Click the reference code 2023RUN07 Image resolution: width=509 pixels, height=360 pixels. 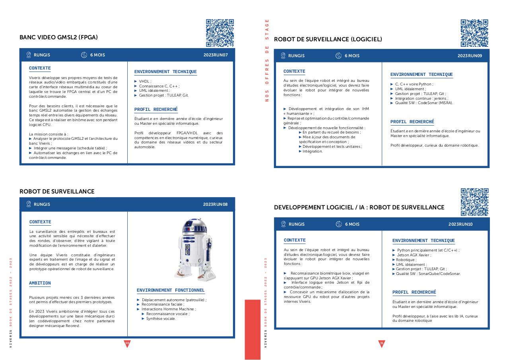216,55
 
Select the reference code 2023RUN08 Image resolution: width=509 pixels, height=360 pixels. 215,204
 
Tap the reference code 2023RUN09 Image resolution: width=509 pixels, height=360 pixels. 470,56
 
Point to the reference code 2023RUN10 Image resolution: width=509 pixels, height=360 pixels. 460,224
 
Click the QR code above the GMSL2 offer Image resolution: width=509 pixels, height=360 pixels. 220,33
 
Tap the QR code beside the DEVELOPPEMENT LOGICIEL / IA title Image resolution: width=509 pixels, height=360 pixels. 474,202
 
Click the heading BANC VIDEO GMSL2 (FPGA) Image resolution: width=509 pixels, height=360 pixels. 58,37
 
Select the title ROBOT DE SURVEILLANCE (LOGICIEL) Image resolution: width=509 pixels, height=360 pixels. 328,39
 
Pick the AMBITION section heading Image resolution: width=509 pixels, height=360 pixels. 40,283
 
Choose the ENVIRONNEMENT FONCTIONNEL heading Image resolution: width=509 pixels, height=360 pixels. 171,290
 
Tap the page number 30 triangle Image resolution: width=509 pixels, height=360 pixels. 127,343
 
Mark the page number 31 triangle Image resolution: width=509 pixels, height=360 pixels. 382,343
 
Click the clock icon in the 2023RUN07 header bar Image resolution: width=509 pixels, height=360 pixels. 84,55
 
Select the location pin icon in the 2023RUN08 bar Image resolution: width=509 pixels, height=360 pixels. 29,204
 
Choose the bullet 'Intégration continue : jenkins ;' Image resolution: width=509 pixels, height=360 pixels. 421,98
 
